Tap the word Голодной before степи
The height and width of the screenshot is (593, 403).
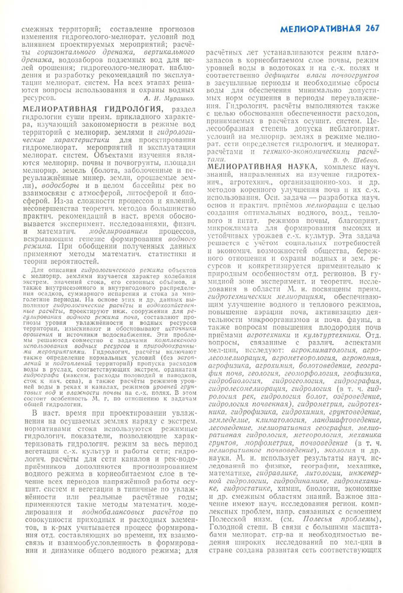pos(226,528)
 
